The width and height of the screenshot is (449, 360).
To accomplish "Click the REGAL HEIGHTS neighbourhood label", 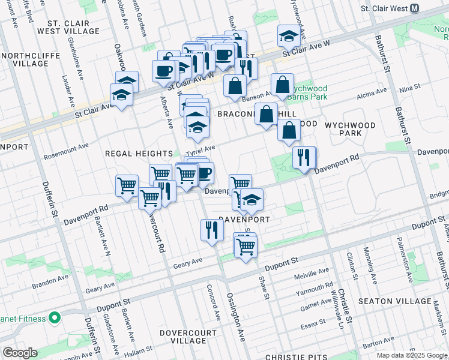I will tap(139, 154).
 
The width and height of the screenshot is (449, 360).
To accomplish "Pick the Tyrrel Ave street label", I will tap(200, 149).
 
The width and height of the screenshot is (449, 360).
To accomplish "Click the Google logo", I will tap(20, 353).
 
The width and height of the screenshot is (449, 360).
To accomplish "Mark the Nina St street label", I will tap(409, 88).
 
